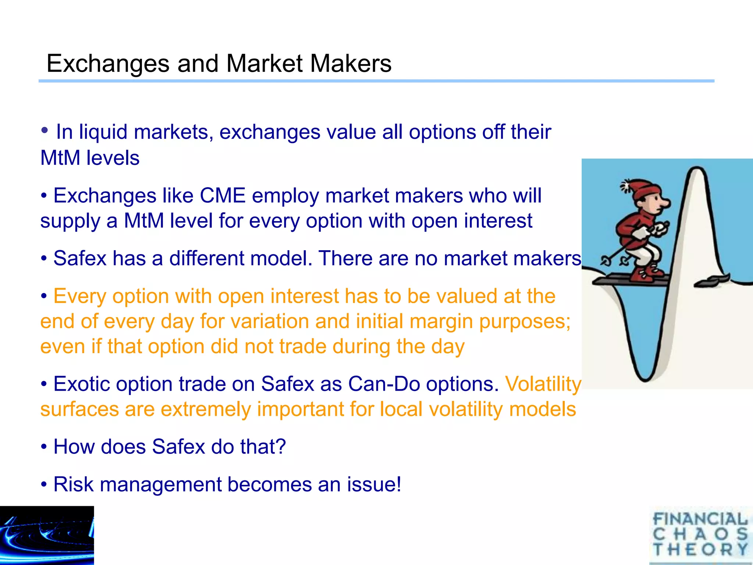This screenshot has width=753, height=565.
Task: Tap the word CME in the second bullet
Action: coord(222,195)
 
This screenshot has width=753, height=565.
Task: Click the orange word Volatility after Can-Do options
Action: coord(543,384)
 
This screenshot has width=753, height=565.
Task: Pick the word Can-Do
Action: coord(384,384)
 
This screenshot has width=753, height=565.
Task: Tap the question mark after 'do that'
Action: coord(281,447)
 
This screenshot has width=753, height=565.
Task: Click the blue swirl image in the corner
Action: coord(47,535)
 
